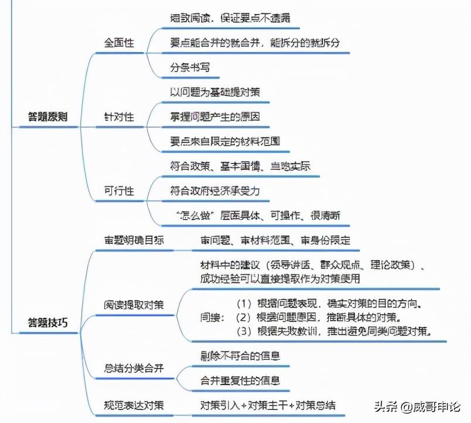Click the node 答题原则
(48, 117)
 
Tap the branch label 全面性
(119, 43)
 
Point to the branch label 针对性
(119, 117)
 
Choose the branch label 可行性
(119, 191)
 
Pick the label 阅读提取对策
(134, 305)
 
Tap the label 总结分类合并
(134, 368)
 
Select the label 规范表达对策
(134, 405)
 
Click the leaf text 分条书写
(190, 67)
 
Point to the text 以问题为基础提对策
(215, 92)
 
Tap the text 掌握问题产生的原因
(215, 117)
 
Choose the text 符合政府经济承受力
(215, 191)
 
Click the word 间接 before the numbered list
(212, 318)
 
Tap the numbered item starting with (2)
(318, 318)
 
